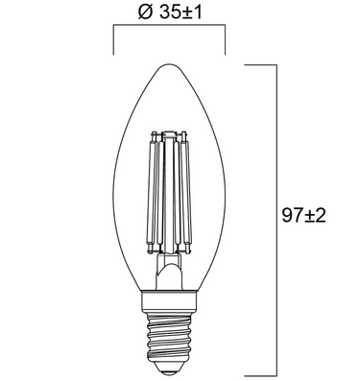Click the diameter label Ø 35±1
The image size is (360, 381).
(x=170, y=13)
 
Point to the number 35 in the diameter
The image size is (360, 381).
(x=166, y=13)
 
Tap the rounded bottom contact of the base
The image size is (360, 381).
(x=170, y=369)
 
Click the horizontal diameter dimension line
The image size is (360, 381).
(x=170, y=29)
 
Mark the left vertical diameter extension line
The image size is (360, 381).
(x=115, y=43)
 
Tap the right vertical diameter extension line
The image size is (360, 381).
(x=226, y=43)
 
